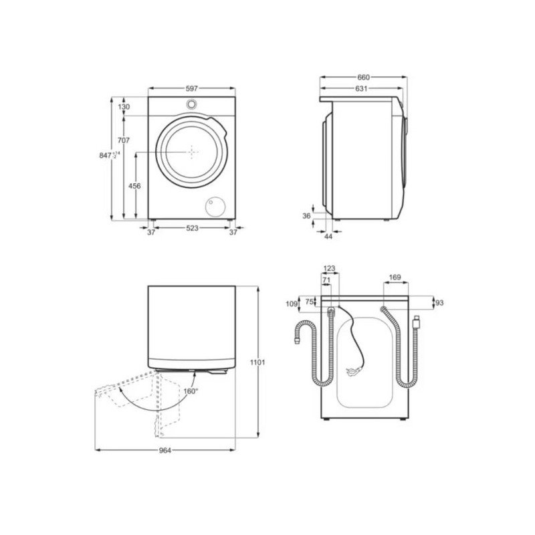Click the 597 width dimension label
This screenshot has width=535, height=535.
click(192, 89)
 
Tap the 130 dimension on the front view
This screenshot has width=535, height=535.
click(124, 107)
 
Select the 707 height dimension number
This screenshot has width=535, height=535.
click(124, 140)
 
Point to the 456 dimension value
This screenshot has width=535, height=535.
click(134, 186)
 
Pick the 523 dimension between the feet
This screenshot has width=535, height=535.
click(192, 228)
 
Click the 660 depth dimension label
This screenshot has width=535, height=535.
click(363, 78)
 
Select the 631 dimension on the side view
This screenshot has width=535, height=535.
click(361, 89)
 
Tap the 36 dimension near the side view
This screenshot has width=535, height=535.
click(307, 215)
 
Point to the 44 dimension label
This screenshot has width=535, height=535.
click(328, 237)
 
